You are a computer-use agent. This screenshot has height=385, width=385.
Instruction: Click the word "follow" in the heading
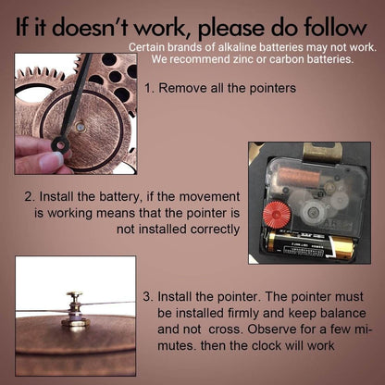(335, 27)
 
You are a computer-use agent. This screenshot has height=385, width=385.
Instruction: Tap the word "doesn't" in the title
(92, 27)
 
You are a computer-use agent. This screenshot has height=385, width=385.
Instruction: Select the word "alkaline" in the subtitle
(237, 47)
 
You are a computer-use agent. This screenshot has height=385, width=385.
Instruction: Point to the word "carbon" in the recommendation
(287, 59)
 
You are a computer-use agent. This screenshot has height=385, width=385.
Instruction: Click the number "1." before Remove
(149, 88)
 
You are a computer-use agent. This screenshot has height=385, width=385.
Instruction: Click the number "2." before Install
(30, 197)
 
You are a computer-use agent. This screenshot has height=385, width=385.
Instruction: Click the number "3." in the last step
(148, 297)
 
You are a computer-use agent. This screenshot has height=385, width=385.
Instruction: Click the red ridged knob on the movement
(277, 215)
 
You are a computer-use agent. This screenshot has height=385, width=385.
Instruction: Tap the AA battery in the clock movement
(311, 244)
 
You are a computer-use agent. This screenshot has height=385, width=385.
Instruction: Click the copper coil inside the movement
(299, 176)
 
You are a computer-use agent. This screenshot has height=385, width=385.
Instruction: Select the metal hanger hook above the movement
(322, 152)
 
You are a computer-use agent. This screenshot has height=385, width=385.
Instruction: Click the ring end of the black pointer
(60, 144)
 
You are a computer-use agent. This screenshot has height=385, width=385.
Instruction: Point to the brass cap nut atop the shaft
(74, 295)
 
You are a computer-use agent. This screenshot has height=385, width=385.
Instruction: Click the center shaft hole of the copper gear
(81, 127)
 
